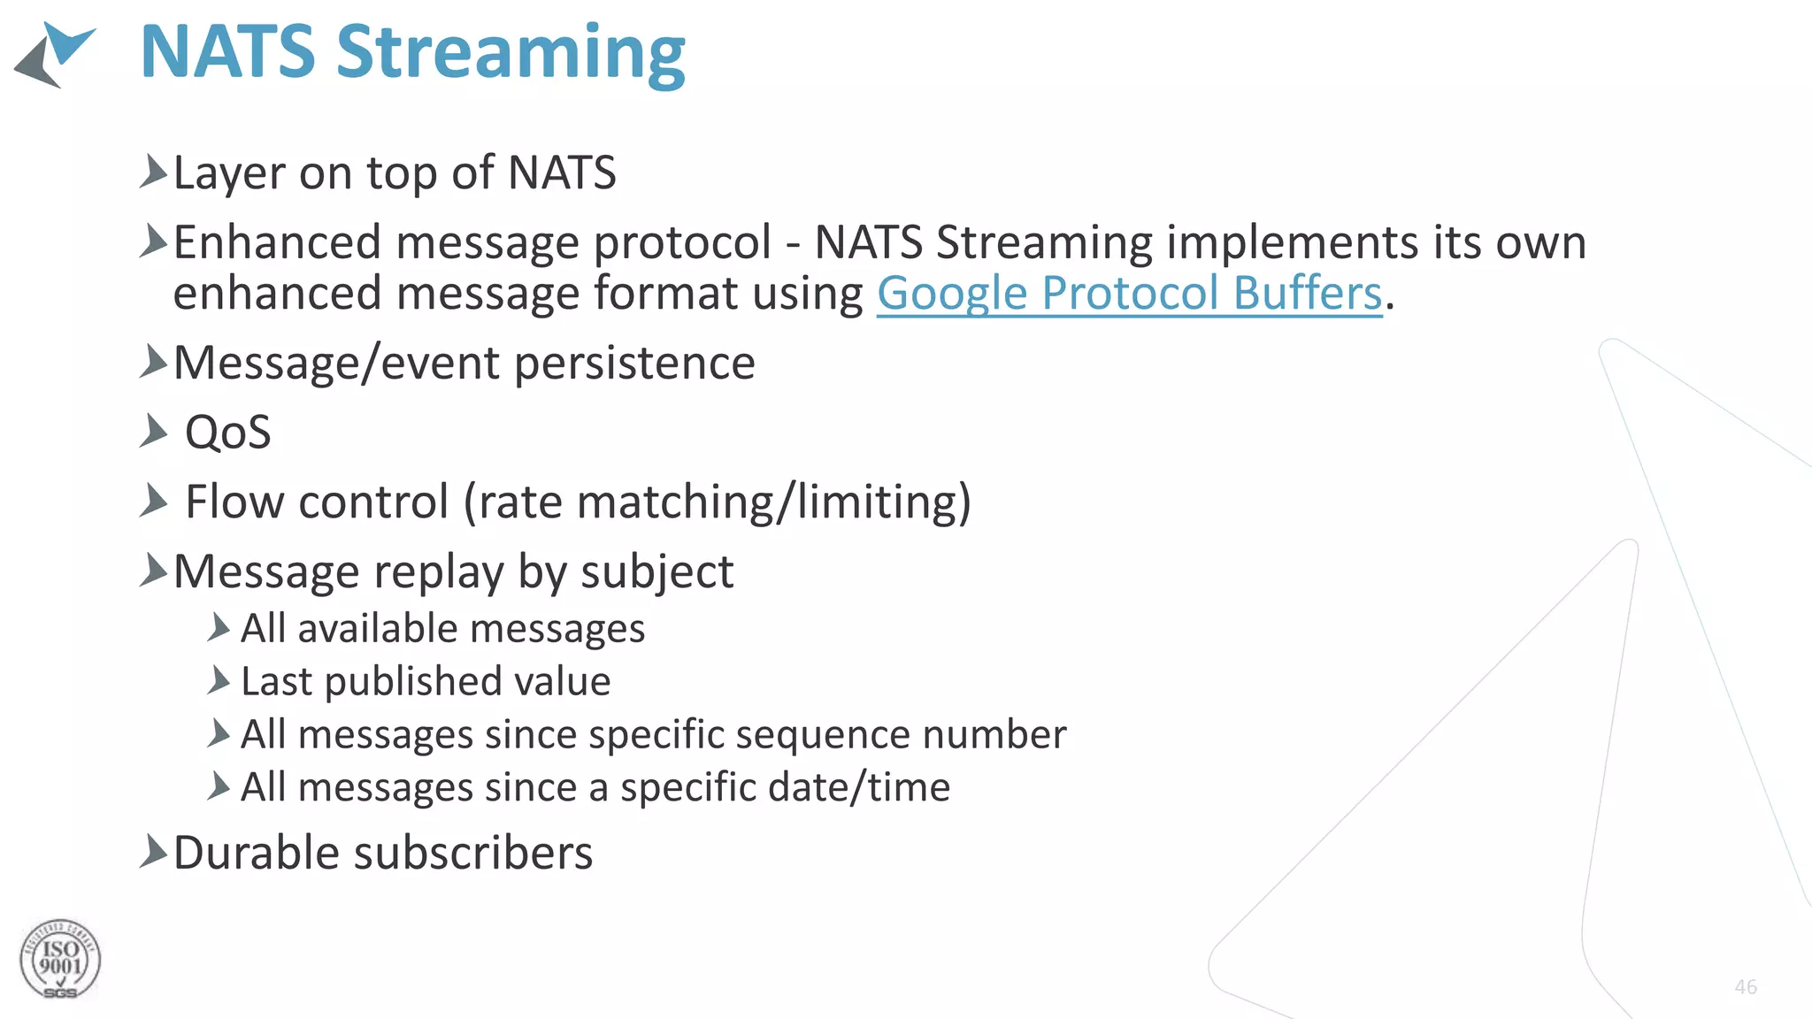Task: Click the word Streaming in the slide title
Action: [511, 53]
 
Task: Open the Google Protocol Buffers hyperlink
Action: [1129, 293]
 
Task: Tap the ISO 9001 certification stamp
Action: [60, 960]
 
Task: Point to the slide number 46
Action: [1746, 987]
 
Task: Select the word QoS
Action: [227, 433]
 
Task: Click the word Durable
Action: [257, 853]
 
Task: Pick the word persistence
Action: [634, 364]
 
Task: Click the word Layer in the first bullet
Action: [229, 172]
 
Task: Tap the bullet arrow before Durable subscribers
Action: [153, 852]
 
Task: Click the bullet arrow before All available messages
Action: [219, 628]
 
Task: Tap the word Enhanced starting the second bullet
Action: [277, 242]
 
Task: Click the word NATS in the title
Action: [227, 53]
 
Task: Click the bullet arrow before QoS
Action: [153, 432]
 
